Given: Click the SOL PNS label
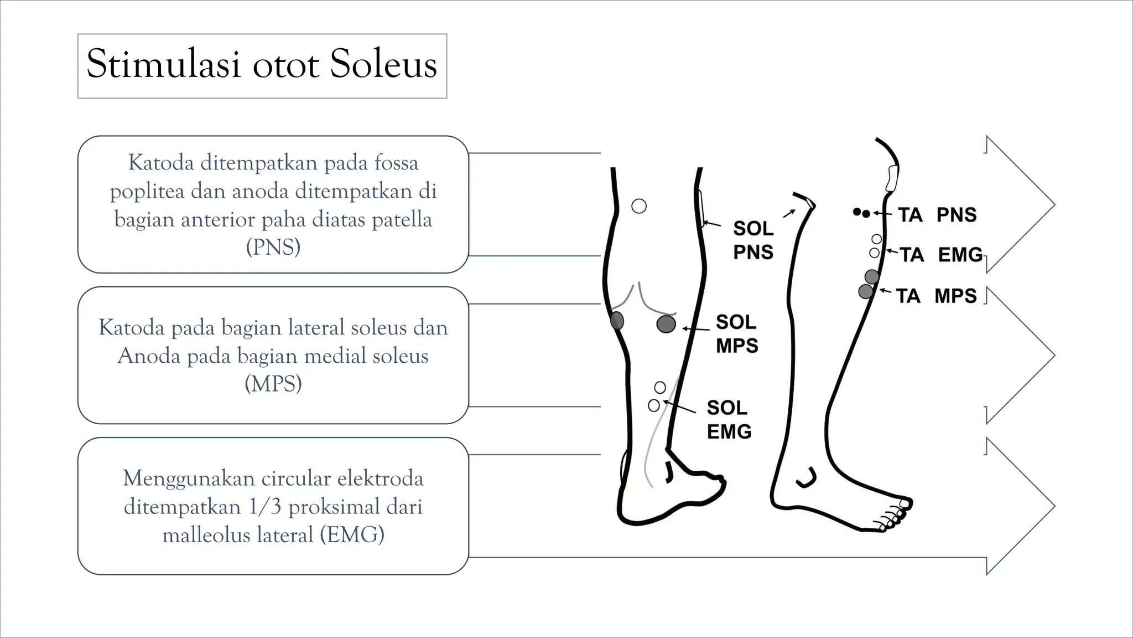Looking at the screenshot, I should coord(753,240).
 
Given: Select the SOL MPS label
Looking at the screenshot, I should coord(736,333).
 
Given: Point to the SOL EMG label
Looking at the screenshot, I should coord(729,419).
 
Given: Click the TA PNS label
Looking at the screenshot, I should coord(937,215).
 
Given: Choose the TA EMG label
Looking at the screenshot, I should coord(940,255).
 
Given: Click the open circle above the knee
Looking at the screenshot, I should coord(639,206).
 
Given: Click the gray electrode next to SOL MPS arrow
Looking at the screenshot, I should coord(666,324).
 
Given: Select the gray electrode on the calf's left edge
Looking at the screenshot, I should coord(617,320).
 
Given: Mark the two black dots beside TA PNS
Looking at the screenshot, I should coord(861,212).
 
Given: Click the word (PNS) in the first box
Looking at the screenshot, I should coord(273,247).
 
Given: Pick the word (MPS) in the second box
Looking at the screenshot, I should coord(273,383).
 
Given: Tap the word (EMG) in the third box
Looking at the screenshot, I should coord(352,534).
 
